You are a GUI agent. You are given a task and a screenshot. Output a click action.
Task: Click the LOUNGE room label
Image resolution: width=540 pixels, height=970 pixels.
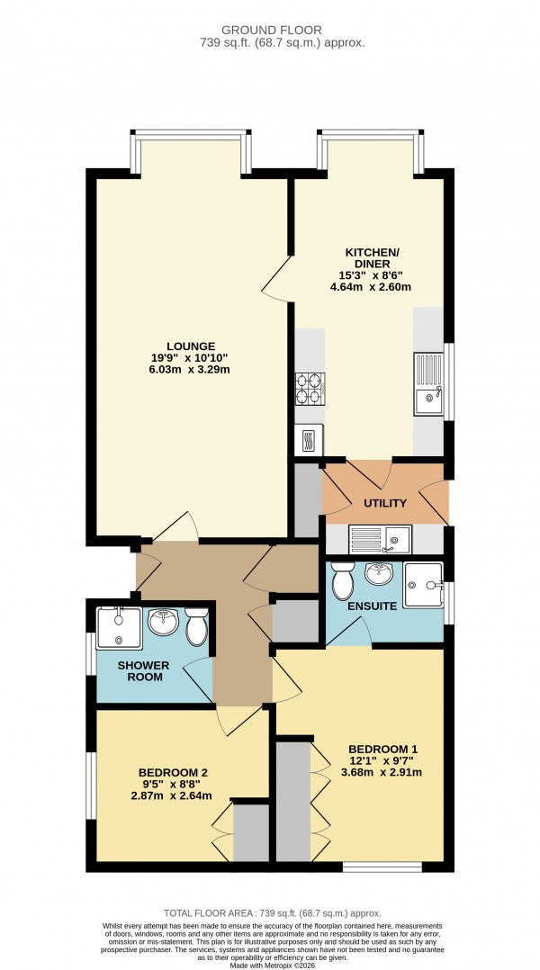tap(190, 346)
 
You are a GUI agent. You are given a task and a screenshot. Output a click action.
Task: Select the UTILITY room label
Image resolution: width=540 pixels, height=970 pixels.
tap(385, 503)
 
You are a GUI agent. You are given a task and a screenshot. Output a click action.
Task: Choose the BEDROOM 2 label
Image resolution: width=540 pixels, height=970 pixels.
tap(174, 772)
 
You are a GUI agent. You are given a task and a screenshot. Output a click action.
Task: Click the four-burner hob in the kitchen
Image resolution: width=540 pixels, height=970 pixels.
tap(310, 388)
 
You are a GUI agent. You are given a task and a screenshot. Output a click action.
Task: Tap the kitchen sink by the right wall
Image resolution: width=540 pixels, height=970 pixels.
tap(428, 383)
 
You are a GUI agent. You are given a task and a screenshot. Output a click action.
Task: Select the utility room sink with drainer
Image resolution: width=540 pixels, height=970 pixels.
tap(381, 538)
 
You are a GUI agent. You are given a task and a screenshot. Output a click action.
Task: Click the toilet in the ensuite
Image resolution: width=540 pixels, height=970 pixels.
tap(343, 582)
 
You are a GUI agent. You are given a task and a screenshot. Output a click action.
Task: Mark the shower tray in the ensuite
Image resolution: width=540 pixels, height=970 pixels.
tap(424, 586)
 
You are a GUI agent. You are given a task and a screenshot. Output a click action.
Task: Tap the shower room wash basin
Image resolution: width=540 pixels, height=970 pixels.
tap(163, 623)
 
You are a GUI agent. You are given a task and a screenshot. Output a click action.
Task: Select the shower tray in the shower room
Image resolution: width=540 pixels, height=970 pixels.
tap(119, 628)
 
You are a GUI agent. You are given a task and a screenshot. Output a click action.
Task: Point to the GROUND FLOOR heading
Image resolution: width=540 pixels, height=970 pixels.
tap(269, 29)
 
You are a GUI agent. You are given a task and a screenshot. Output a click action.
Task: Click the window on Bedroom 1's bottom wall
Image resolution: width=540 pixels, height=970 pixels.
tap(382, 867)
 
